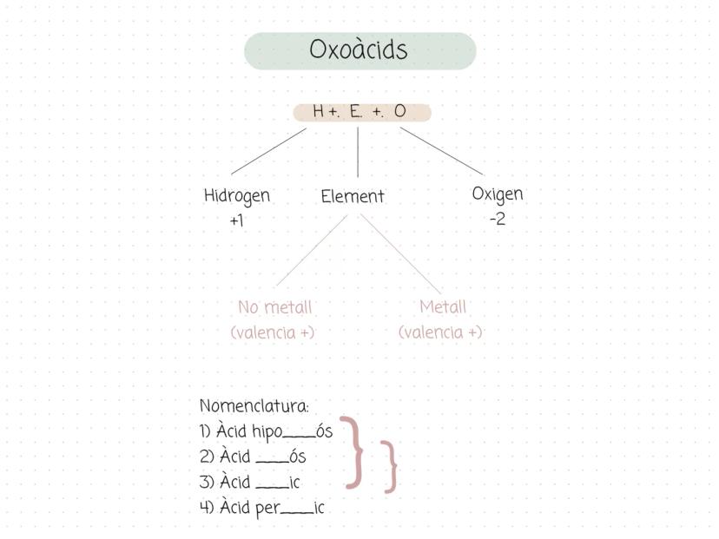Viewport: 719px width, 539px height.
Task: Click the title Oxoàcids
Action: click(x=358, y=49)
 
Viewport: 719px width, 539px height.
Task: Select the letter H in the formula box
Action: click(x=318, y=111)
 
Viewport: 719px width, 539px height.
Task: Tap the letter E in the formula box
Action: click(x=355, y=111)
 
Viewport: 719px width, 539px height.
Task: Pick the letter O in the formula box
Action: click(x=399, y=111)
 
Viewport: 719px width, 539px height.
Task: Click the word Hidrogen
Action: click(x=236, y=196)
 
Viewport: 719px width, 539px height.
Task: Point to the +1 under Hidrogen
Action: click(x=236, y=221)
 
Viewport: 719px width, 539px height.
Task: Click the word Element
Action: click(x=353, y=197)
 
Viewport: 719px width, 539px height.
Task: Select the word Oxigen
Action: click(x=498, y=194)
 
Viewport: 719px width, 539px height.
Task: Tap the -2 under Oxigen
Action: click(x=498, y=219)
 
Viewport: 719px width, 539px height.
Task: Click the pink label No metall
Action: click(x=274, y=307)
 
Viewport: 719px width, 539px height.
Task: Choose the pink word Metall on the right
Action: click(x=443, y=306)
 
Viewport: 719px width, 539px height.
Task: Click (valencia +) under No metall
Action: click(x=273, y=332)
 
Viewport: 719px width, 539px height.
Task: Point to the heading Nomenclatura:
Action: click(x=254, y=406)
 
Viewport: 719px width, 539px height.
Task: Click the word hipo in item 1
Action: click(x=267, y=432)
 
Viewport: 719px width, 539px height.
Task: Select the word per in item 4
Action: click(x=267, y=509)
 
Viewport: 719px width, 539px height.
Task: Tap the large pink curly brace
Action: click(x=353, y=452)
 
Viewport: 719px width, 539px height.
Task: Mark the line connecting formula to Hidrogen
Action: click(x=268, y=151)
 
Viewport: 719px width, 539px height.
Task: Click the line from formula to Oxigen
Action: click(x=442, y=151)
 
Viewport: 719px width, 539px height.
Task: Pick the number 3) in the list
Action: click(x=207, y=483)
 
